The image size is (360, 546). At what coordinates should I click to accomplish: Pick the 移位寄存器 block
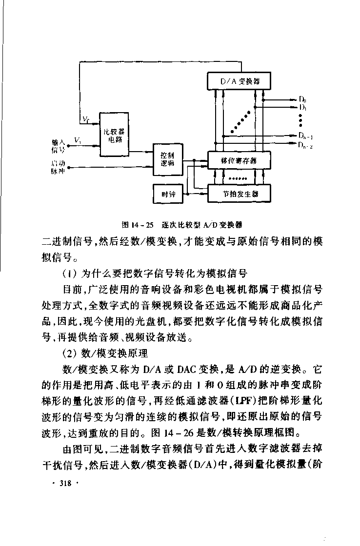tap(239, 160)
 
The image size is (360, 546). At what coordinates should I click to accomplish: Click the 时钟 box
tap(167, 194)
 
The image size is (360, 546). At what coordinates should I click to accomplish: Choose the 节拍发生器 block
tap(239, 194)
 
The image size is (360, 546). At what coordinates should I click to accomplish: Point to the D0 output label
tap(302, 99)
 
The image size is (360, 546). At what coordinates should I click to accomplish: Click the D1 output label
tap(302, 107)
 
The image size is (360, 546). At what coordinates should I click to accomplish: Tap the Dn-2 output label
tap(306, 145)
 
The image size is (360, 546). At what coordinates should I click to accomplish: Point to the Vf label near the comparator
tap(85, 119)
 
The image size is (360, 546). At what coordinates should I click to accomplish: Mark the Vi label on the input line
tap(78, 140)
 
